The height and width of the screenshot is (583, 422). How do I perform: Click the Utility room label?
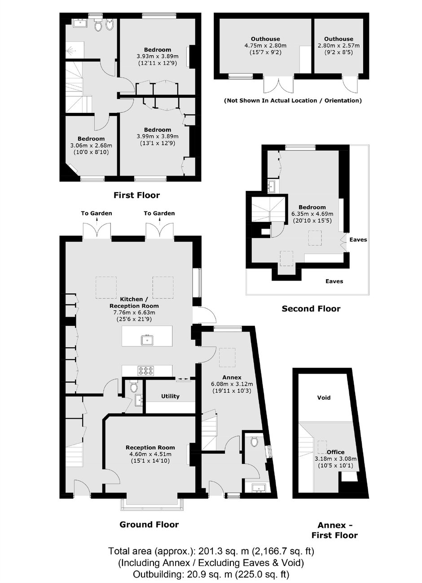pos(170,396)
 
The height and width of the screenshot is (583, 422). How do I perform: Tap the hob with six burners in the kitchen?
pos(147,371)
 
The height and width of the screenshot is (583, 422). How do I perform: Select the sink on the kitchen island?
pos(148,340)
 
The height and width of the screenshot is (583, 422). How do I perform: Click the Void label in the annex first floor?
pos(324,397)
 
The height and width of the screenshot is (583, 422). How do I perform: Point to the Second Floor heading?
pos(311,309)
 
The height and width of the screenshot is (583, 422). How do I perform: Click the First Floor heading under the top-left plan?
pos(136,195)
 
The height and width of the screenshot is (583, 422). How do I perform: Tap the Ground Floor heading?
pos(149,524)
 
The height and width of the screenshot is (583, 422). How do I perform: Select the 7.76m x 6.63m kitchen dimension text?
pos(134,313)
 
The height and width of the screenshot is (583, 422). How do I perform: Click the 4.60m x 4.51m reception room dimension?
pos(150,454)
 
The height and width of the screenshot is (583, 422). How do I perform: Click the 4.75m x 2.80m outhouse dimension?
pos(265,46)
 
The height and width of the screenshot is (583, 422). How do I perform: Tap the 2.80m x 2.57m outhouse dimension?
pos(338,46)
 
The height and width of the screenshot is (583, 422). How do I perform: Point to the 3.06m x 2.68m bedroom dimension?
pos(91,146)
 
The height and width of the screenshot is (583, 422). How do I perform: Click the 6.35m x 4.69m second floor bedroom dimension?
pos(312,214)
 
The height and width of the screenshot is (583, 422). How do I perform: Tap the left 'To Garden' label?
pos(96,213)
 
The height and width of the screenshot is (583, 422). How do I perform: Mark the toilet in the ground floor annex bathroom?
pos(254,441)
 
